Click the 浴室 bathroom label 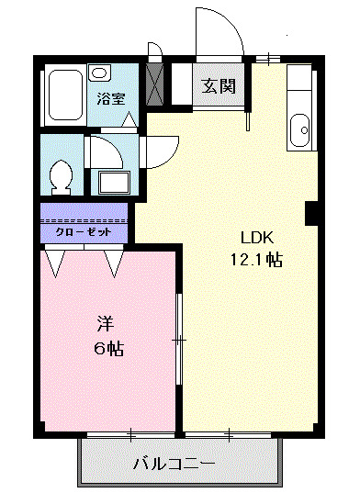coord(113,99)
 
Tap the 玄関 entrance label coord(219,87)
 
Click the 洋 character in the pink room coord(106,323)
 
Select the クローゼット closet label coord(84,232)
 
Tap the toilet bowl coord(62,174)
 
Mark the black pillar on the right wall coord(311,212)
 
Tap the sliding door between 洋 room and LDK coord(180,340)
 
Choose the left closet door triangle coord(56,264)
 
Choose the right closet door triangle coord(114,264)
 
